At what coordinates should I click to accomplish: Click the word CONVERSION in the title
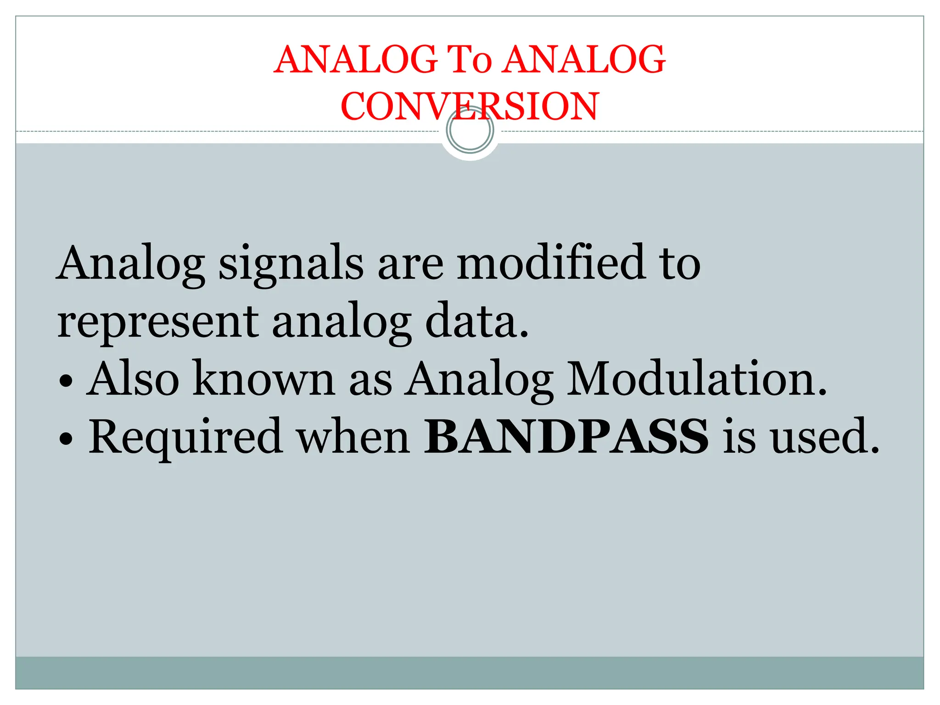pyautogui.click(x=470, y=106)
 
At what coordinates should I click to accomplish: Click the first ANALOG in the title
pyautogui.click(x=355, y=60)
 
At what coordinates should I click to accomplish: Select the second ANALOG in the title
pyautogui.click(x=584, y=60)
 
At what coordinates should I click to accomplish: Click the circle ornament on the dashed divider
pyautogui.click(x=470, y=130)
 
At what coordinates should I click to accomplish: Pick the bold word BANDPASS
pyautogui.click(x=566, y=436)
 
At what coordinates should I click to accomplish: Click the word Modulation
pyautogui.click(x=696, y=379)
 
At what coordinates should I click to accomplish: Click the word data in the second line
pyautogui.click(x=477, y=321)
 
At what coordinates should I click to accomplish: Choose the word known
pyautogui.click(x=264, y=379)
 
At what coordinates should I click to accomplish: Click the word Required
pyautogui.click(x=185, y=437)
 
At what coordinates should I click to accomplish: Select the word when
pyautogui.click(x=352, y=436)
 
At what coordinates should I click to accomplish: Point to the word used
pyautogui.click(x=824, y=436)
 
